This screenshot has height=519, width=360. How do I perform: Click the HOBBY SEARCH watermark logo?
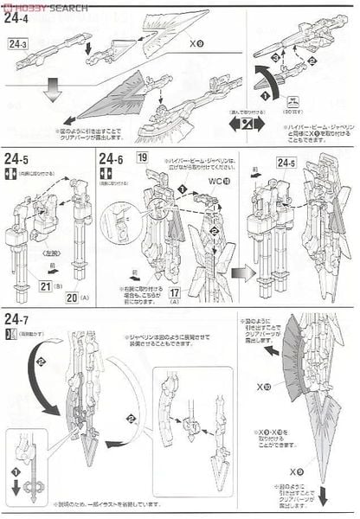pyautogui.click(x=43, y=7)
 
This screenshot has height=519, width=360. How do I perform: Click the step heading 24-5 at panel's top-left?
pyautogui.click(x=22, y=159)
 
